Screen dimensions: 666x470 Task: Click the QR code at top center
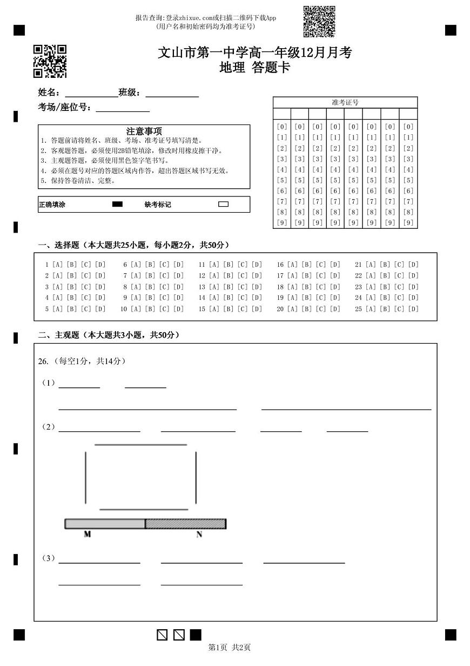(319, 22)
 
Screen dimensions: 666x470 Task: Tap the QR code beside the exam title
(50, 61)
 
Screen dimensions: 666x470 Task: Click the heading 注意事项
(144, 131)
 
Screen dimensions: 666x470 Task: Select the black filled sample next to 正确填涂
(117, 205)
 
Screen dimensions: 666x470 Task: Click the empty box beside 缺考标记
(223, 205)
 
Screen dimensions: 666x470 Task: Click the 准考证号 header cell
(345, 102)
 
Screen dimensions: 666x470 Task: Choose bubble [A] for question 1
(58, 265)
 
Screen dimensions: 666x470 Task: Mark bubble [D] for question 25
(413, 309)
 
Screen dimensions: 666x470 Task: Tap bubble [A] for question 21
(371, 265)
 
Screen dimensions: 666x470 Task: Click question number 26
(43, 361)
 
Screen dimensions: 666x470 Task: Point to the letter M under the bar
(87, 535)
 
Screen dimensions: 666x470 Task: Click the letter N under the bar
(199, 535)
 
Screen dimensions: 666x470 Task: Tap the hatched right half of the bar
(185, 524)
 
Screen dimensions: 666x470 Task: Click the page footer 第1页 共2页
(230, 648)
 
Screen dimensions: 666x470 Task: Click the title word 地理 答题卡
(255, 68)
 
